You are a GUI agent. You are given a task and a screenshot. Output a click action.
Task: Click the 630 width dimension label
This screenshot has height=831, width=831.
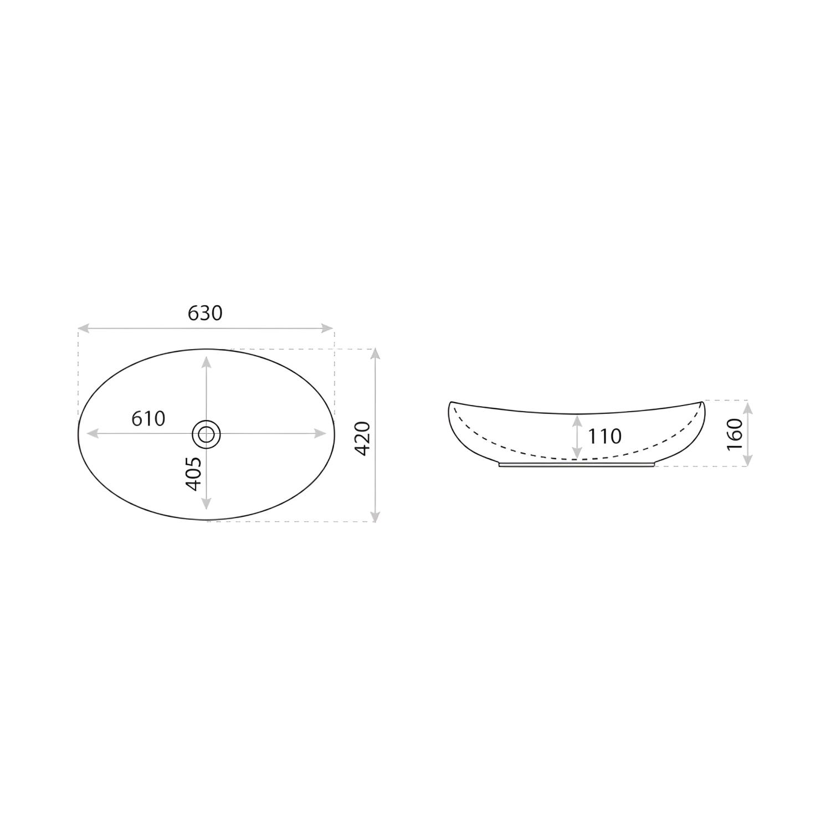(205, 313)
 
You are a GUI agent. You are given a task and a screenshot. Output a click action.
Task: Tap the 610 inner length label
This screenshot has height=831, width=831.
(148, 418)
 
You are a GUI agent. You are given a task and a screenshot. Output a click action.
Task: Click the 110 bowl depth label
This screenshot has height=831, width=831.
(604, 437)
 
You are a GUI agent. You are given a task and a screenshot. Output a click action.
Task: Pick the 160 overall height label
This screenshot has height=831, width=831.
(734, 435)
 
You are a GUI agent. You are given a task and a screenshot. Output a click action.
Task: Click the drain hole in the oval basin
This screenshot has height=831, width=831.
(206, 433)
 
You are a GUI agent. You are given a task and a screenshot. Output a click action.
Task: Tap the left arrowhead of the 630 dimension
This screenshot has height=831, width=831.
(83, 328)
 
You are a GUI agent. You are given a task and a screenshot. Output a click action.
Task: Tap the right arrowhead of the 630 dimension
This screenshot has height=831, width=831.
(328, 328)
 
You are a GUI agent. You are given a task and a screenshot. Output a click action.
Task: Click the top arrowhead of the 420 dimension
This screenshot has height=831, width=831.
(376, 355)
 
